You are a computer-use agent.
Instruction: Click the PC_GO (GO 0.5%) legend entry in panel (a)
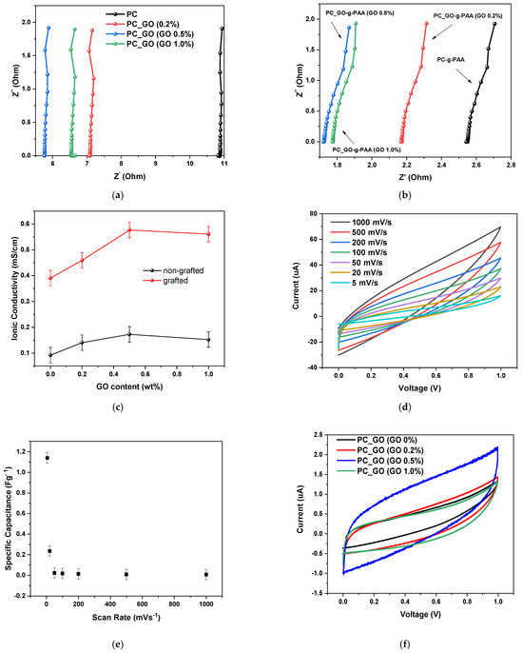click(149, 33)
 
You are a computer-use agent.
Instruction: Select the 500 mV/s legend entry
click(358, 232)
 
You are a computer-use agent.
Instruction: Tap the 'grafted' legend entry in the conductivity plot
click(165, 281)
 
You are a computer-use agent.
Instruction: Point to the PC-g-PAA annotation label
click(451, 60)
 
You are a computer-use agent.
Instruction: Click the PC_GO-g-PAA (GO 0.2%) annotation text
click(468, 16)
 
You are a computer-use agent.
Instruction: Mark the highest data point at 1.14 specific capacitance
click(48, 458)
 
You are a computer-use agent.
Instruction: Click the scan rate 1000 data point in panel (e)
click(206, 575)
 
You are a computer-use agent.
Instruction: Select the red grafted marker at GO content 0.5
click(129, 230)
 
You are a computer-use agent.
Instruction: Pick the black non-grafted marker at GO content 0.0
click(50, 355)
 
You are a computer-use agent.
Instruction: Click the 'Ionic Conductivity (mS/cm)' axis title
click(15, 288)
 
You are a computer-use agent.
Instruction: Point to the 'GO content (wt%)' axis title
click(129, 386)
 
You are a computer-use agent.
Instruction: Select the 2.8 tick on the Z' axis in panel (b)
click(511, 165)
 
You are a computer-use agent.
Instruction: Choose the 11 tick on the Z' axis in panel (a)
click(224, 164)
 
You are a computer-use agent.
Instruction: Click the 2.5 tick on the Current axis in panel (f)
click(320, 435)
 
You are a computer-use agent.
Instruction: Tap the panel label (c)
click(118, 406)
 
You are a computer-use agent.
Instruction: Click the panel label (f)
click(404, 644)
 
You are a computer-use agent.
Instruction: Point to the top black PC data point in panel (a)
click(223, 29)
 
